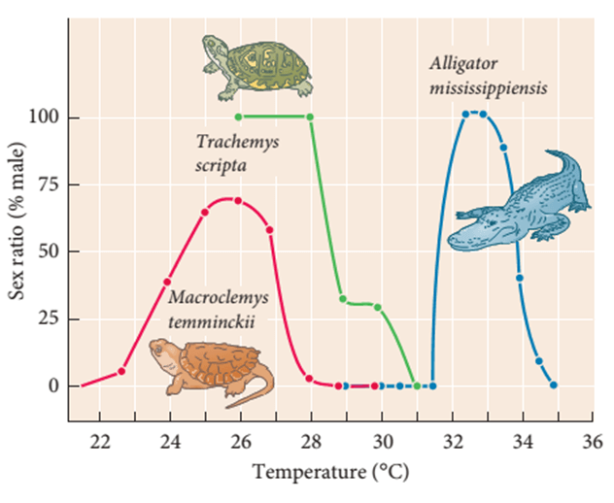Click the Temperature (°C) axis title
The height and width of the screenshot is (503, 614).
(328, 475)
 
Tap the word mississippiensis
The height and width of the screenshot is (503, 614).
(489, 87)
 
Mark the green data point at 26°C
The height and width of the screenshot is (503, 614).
(238, 117)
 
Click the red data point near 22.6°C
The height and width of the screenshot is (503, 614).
(121, 371)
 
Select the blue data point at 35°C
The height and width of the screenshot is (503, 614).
(554, 386)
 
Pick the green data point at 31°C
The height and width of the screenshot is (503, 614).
(417, 386)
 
